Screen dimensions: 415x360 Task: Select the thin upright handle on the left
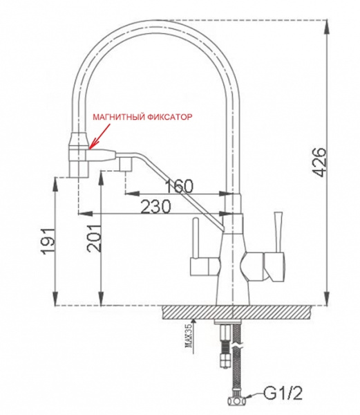pos(196,239)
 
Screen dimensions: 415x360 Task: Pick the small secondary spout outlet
pos(125,165)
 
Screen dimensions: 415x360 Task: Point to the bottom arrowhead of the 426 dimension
pos(325,302)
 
